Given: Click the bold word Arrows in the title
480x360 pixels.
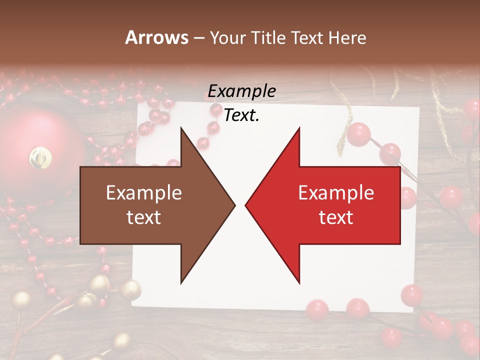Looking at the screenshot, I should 157,37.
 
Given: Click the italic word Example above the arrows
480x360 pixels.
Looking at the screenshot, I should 241,91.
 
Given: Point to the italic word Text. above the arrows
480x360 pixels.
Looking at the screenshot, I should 241,115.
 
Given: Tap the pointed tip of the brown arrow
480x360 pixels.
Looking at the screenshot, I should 234,205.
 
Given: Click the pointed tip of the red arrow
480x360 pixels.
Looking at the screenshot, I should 246,205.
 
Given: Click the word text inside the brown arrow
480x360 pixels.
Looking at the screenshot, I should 143,217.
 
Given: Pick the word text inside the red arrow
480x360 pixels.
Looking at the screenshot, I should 336,217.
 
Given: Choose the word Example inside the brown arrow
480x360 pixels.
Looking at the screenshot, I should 143,193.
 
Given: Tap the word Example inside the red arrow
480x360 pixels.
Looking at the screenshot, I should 336,193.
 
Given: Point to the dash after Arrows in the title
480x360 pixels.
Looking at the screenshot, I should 198,37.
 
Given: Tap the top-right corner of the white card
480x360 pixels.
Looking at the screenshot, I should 418,108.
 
